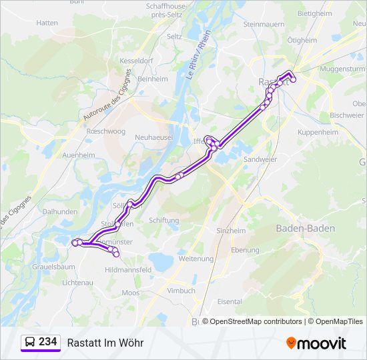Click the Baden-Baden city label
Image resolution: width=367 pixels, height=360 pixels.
click(306, 228)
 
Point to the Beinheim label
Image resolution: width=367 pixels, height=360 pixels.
click(152, 79)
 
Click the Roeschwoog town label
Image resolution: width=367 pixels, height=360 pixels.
click(106, 131)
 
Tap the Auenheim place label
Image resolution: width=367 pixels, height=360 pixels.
click(78, 155)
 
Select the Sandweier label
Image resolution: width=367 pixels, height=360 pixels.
click(260, 159)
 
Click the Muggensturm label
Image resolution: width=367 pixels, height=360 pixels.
click(342, 69)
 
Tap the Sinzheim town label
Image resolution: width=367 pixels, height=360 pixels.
click(231, 231)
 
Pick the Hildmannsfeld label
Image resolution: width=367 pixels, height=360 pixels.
click(128, 269)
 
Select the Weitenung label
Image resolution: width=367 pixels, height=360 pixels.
click(196, 259)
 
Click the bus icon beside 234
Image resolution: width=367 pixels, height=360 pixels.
click(30, 343)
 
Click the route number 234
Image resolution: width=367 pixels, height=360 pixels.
click(48, 342)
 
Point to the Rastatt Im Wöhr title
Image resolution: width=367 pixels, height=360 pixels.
click(105, 343)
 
